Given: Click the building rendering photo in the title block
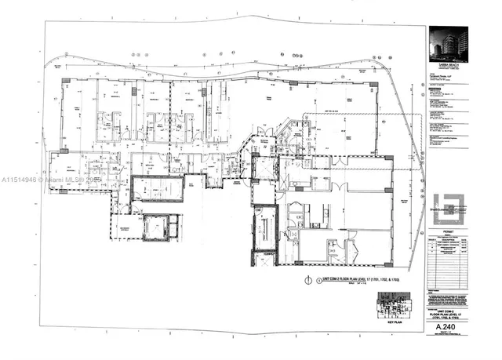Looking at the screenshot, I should [x=448, y=42].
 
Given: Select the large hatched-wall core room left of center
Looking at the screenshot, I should [x=157, y=189].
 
